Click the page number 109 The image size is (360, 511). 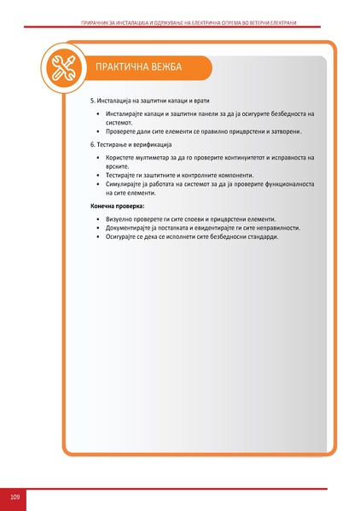15,496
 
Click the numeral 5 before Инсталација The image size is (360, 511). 92,101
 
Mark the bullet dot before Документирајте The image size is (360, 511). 98,229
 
